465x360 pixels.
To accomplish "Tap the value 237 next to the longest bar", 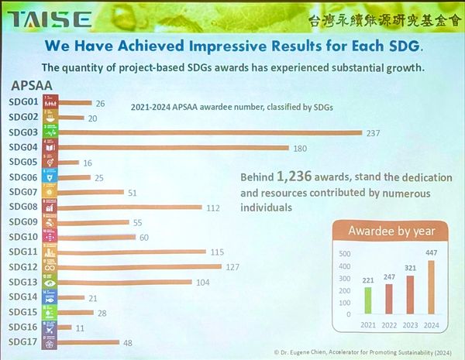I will pos(374,132).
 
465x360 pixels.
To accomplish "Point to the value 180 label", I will pos(301,147).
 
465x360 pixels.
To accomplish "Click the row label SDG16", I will pos(23,327).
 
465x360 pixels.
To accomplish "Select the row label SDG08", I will pos(23,207).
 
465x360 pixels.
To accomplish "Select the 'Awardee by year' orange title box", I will pos(391,231).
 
